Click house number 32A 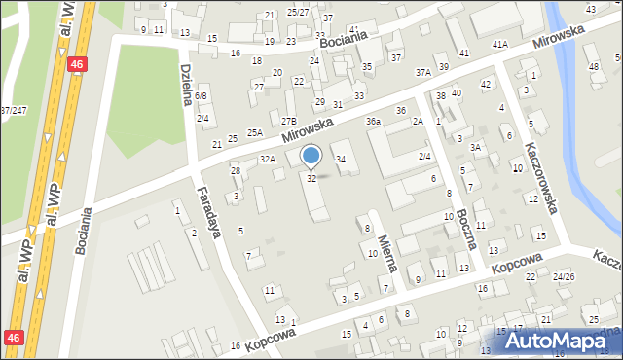click(x=267, y=159)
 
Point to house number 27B click(x=289, y=121)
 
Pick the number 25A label click(x=255, y=132)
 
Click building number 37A click(x=422, y=72)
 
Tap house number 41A click(x=499, y=45)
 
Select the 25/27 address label click(x=298, y=12)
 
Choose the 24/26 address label click(x=563, y=276)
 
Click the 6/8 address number click(x=201, y=96)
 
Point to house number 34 click(x=340, y=159)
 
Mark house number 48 click(x=594, y=67)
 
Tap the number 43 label click(x=590, y=9)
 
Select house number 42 click(x=485, y=85)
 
